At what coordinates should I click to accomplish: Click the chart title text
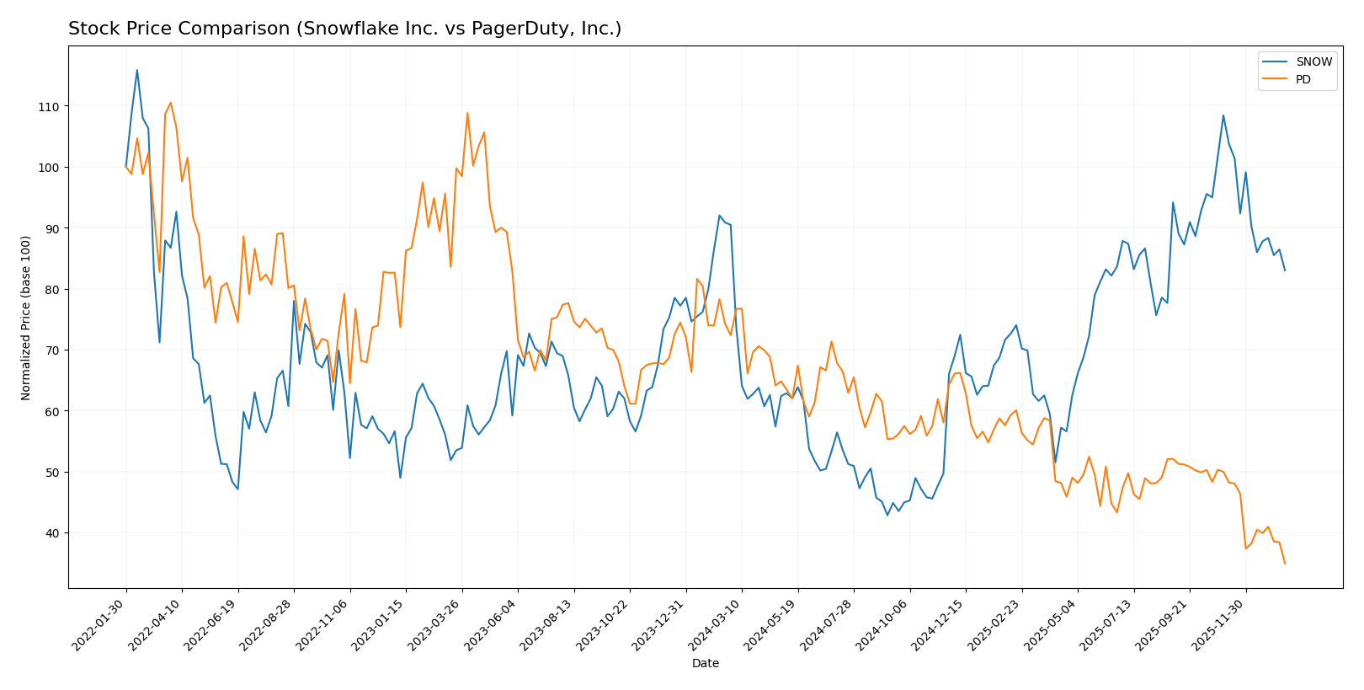(x=344, y=29)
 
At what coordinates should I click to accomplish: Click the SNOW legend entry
(x=1313, y=62)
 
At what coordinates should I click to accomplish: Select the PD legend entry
(x=1303, y=80)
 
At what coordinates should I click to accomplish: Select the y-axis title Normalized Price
(x=26, y=318)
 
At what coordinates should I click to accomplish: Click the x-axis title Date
(x=705, y=664)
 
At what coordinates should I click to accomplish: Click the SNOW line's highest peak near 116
(x=137, y=70)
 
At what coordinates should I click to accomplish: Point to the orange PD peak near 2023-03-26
(x=467, y=113)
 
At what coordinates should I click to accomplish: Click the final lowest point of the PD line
(x=1285, y=564)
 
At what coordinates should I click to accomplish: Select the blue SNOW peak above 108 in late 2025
(x=1223, y=115)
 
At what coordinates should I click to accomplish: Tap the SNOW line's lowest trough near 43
(x=887, y=515)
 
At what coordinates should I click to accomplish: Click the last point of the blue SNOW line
(x=1285, y=270)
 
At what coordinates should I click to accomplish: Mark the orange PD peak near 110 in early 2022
(x=170, y=103)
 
